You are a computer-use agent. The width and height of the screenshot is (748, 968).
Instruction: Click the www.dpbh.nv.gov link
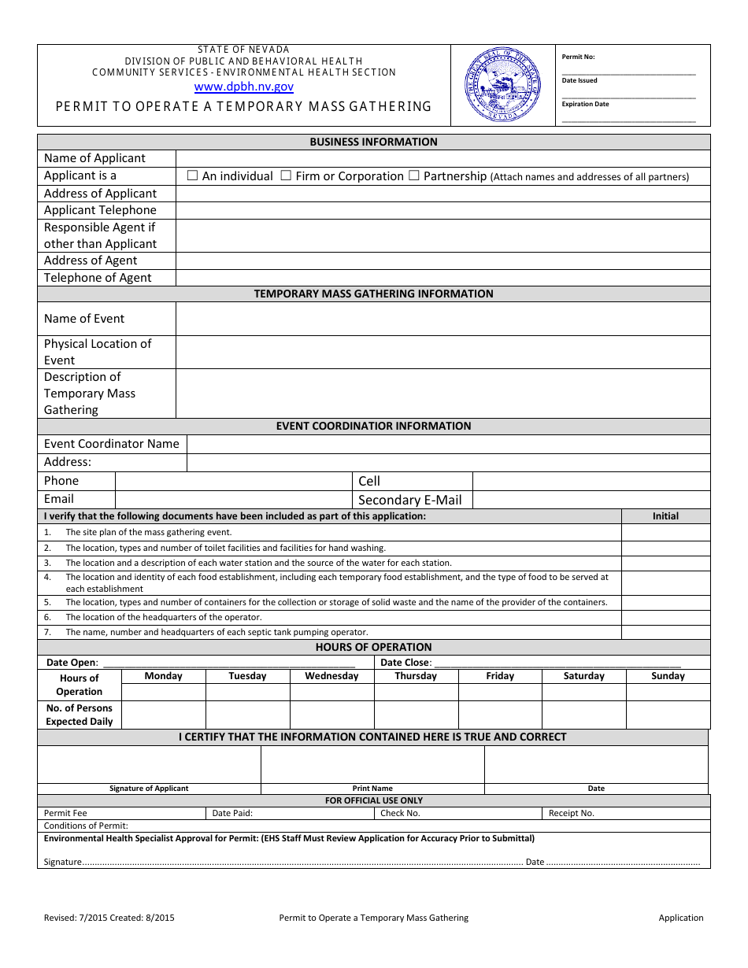pos(244,87)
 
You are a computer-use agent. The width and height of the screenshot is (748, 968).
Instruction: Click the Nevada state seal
pos(503,84)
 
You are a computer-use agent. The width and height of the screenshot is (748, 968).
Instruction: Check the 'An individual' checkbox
pos(192,175)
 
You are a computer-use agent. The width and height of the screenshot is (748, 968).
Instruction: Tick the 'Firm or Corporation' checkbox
pos(286,175)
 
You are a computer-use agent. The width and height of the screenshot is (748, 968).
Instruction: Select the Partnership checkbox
pos(413,175)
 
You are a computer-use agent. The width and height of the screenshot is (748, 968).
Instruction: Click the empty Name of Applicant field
pos(443,158)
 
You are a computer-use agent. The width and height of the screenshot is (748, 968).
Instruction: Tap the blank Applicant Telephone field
pos(443,210)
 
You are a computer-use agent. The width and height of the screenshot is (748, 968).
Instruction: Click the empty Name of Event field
pos(443,319)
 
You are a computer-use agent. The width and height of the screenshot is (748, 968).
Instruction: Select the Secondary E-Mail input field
pos(591,500)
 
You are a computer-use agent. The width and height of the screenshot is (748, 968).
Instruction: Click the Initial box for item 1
pos(665,533)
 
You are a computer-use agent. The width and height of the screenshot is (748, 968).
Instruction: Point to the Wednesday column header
pos(331,676)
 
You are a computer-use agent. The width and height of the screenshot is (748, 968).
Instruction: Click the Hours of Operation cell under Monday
pos(164,692)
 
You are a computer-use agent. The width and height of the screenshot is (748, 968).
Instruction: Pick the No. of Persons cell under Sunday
pos(668,715)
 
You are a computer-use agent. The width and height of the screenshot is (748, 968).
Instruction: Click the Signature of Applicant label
pos(149,789)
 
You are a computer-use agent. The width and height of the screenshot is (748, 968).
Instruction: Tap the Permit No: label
pos(579,57)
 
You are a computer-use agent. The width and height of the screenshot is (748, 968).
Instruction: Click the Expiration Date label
pos(585,104)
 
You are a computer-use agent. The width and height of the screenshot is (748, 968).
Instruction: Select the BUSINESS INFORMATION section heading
pos(373,142)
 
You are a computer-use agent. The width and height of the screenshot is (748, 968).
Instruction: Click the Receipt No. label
pos(572,813)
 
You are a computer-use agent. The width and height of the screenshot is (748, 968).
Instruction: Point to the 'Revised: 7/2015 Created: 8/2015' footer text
pos(109,918)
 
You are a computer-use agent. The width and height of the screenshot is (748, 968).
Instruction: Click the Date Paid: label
pos(232,813)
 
